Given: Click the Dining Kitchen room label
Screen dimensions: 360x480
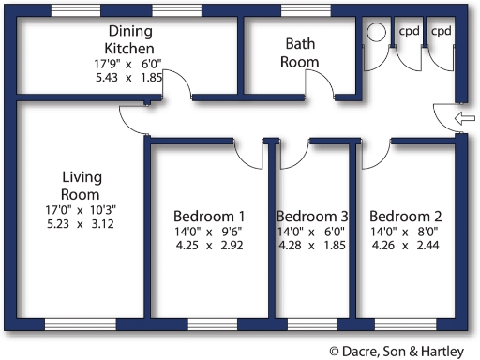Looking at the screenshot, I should (129, 39).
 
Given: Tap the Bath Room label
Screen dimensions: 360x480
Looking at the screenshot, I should (301, 52).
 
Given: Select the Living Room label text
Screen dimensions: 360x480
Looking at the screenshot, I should (81, 185).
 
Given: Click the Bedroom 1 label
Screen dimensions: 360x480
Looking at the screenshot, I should (209, 214).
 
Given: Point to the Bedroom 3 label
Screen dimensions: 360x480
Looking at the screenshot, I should (312, 214).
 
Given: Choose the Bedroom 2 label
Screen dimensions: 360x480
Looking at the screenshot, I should (405, 214).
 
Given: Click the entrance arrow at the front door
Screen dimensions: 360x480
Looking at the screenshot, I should (463, 117).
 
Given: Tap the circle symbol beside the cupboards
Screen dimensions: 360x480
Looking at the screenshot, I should (377, 31).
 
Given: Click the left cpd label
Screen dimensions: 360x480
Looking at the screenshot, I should (410, 31).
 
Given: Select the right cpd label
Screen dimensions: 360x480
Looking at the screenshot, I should (442, 31).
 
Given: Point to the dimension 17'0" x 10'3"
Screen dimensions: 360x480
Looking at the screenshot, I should (81, 210).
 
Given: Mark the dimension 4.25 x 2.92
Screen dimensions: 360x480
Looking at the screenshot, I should (209, 247).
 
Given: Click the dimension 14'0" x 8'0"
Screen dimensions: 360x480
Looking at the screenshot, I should (405, 232).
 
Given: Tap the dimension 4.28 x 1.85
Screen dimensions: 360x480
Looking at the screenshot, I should (312, 247).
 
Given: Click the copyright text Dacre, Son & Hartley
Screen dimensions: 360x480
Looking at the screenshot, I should (402, 349).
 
